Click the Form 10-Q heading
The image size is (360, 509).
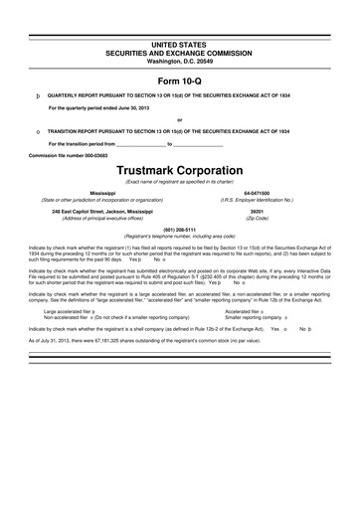point(180,82)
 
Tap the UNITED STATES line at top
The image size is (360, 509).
point(180,47)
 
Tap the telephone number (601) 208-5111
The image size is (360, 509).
point(180,231)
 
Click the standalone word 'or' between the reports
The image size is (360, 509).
point(180,119)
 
